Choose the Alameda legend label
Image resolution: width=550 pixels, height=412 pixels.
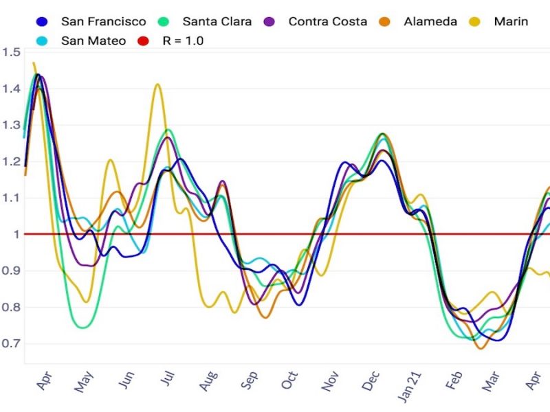[x=431, y=21]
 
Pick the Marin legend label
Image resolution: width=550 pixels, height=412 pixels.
[x=511, y=21]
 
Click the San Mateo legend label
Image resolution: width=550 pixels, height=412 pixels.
[x=93, y=41]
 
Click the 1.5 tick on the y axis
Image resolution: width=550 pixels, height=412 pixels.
[x=11, y=52]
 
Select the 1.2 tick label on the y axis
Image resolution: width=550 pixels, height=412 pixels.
[x=11, y=161]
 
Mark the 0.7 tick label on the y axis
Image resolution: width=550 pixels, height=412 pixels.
[x=11, y=343]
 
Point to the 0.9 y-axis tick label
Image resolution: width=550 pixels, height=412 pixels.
[x=11, y=271]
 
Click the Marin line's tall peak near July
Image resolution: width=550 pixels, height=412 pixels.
[x=157, y=84]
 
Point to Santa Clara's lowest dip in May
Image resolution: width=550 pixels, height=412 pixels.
[x=83, y=328]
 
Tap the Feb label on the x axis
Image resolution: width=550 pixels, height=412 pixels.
[x=452, y=383]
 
